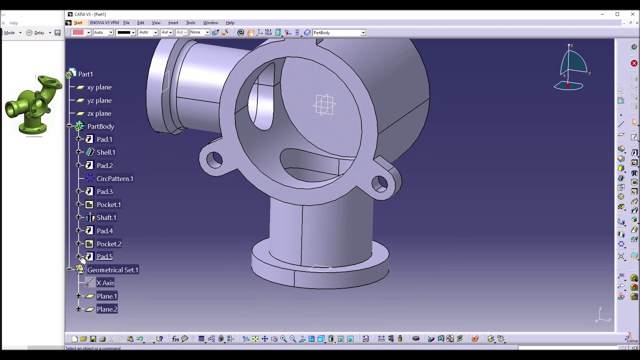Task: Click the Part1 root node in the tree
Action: (x=85, y=74)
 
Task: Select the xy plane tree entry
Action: (x=99, y=87)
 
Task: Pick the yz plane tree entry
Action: (x=99, y=100)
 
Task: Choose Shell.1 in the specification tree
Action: (x=105, y=152)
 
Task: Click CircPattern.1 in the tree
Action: (x=114, y=178)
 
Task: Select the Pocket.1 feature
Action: (x=108, y=204)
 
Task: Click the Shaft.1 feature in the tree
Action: (x=106, y=217)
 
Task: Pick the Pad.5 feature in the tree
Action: (x=104, y=256)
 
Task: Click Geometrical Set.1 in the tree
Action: (x=112, y=270)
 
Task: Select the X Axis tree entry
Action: (x=105, y=283)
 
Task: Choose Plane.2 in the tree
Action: (x=106, y=309)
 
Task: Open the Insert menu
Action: (x=173, y=22)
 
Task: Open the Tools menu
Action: (x=190, y=22)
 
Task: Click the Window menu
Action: (x=210, y=22)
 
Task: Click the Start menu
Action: (x=78, y=22)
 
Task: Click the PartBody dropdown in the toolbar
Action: (x=339, y=32)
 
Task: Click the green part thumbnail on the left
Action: (x=33, y=105)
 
